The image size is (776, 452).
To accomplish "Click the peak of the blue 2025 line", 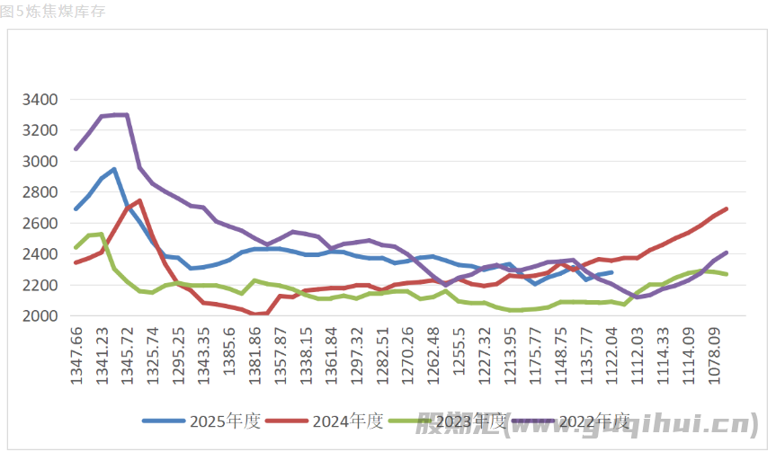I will click(x=114, y=169).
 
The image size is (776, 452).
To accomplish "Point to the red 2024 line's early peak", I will click(x=139, y=200).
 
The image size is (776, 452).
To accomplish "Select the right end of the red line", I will click(x=726, y=208).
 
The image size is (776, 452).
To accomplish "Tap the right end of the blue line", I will click(x=611, y=272).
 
